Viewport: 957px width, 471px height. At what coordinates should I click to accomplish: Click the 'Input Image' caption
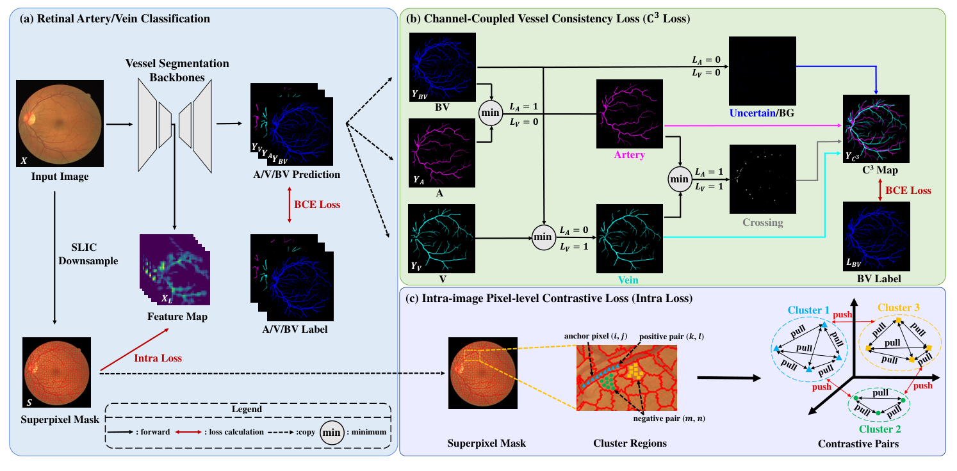point(60,177)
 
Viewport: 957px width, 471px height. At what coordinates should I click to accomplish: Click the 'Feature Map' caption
point(174,316)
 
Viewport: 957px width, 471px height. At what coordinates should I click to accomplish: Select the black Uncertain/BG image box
point(762,68)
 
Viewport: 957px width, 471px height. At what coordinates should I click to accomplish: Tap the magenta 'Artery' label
point(629,155)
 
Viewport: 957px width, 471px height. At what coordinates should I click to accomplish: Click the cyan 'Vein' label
point(629,280)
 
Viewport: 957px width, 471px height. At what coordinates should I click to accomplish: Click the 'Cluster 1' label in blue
point(808,310)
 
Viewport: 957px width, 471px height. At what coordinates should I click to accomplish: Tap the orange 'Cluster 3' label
point(899,307)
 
